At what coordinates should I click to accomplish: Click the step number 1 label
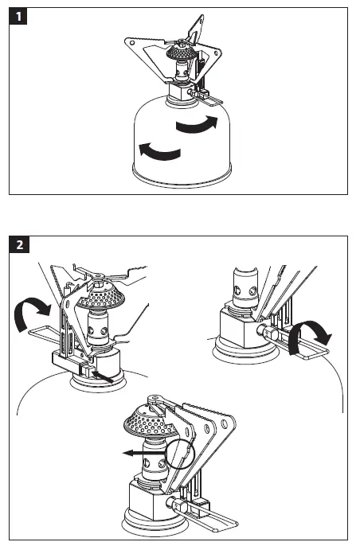tap(18, 16)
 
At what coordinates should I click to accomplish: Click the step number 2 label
tap(19, 244)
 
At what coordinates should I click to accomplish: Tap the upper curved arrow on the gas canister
tap(197, 125)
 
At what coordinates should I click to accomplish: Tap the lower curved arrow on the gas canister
tap(159, 152)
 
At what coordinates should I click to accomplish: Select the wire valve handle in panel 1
tap(209, 99)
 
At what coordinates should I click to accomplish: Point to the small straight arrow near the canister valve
tap(103, 376)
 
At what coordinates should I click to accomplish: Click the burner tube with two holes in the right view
tap(246, 287)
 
